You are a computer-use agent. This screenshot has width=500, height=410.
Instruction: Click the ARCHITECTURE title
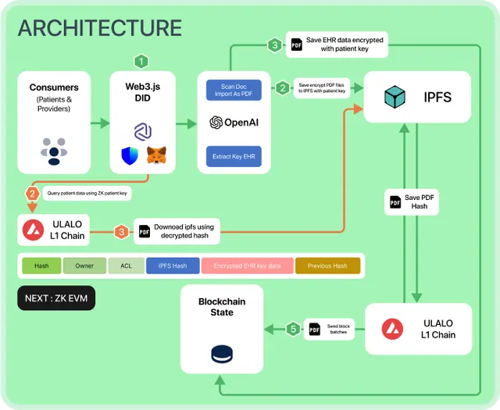[x=99, y=29]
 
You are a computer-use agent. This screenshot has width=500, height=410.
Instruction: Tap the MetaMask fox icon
[x=157, y=155]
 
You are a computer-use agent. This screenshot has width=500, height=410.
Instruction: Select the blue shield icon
[x=130, y=155]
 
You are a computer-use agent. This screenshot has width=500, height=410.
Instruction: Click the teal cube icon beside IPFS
[x=395, y=98]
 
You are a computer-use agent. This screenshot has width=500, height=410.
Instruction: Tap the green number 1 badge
[x=141, y=61]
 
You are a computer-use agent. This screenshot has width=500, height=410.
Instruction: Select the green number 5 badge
[x=292, y=329]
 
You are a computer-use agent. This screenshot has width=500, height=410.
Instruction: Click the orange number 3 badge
[x=121, y=231]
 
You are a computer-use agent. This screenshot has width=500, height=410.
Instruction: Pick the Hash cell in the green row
[x=41, y=266]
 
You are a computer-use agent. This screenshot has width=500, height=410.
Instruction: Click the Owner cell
[x=84, y=266]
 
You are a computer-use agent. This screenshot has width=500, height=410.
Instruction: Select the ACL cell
[x=126, y=266]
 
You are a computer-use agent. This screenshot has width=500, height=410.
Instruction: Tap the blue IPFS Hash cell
[x=173, y=266]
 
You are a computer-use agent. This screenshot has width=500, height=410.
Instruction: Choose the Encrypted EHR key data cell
[x=248, y=266]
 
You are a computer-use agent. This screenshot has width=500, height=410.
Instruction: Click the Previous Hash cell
[x=327, y=266]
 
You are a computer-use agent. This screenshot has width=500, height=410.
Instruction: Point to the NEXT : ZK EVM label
[x=55, y=298]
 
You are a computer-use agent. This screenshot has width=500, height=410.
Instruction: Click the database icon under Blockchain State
[x=222, y=354]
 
